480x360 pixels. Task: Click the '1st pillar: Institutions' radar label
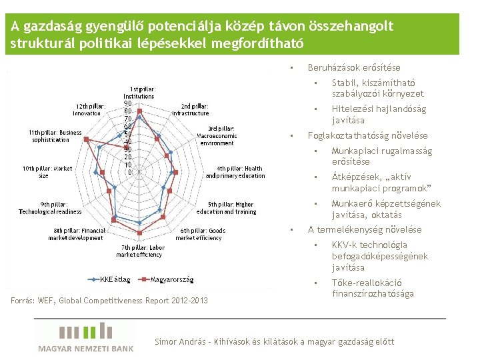coord(139,93)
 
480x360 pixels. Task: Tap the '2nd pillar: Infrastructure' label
coord(191,109)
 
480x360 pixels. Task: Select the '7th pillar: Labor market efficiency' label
coord(139,251)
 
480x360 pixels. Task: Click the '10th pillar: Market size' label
coord(47,172)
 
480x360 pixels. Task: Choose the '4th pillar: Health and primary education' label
coord(236,172)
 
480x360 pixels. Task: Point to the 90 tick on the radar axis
coord(127,104)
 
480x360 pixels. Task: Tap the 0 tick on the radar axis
coord(129,173)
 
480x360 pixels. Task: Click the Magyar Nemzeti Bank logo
coord(85,337)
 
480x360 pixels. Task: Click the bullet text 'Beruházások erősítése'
coord(354,67)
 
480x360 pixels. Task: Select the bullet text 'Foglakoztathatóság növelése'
coord(367,136)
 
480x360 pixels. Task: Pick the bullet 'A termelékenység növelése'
coord(364,229)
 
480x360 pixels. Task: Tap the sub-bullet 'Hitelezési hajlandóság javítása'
coord(379,115)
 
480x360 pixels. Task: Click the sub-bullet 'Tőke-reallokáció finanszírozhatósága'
coord(373,288)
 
